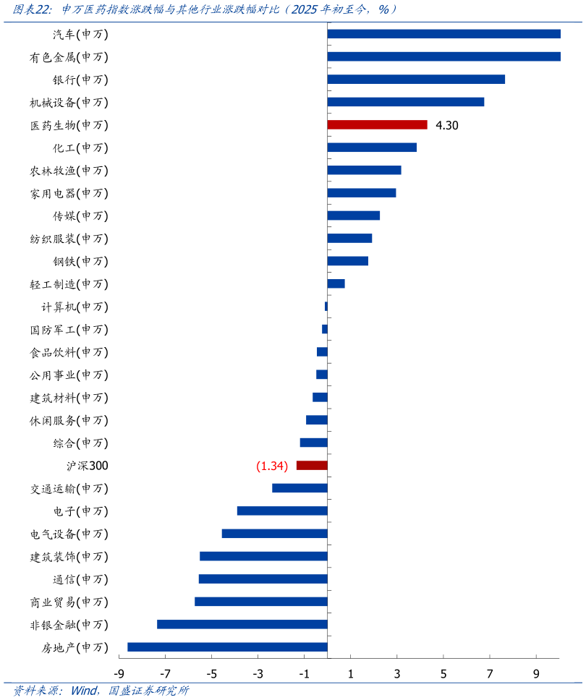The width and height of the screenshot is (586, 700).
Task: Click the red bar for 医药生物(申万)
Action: [377, 124]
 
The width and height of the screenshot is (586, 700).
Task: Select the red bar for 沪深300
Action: [312, 466]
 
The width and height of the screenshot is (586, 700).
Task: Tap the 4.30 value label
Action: [447, 125]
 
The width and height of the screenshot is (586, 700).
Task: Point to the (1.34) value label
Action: [272, 466]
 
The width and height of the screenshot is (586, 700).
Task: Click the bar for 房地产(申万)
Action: [227, 647]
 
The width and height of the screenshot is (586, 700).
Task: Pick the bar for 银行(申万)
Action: [416, 80]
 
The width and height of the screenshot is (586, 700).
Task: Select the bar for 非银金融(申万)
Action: [242, 624]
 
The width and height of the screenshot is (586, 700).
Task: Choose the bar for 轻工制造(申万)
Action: [336, 283]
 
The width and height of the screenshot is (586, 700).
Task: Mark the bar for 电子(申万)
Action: [282, 511]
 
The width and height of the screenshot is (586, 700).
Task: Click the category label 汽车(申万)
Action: [80, 34]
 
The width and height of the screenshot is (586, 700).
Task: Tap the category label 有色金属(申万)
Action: [69, 57]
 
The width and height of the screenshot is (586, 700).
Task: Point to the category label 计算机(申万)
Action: [75, 307]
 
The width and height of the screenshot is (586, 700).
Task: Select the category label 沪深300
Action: [87, 466]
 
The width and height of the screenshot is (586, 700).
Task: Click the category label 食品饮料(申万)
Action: [69, 352]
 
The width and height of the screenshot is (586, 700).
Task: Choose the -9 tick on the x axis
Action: [118, 674]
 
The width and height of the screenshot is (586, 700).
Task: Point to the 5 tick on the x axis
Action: [443, 674]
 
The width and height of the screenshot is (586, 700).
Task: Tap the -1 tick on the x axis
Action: [304, 674]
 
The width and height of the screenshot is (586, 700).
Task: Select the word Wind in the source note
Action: [85, 691]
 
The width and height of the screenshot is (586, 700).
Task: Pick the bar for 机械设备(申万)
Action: [406, 102]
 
